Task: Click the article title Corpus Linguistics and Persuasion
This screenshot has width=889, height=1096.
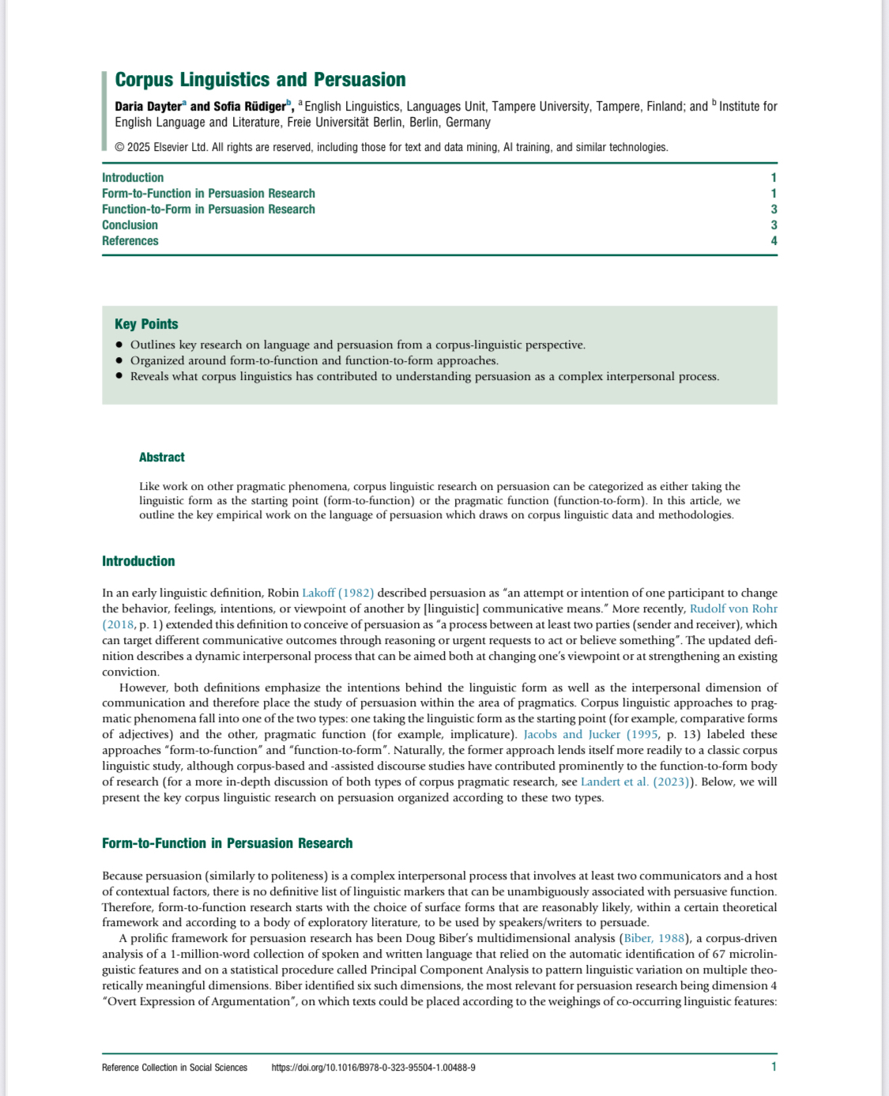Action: pos(260,80)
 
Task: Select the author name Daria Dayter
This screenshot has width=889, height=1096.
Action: pos(148,107)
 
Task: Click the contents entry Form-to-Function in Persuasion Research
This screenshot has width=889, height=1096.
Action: pos(209,194)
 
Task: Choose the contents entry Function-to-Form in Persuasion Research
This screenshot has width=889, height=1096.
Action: pos(209,209)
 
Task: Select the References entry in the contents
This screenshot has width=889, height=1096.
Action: pos(130,241)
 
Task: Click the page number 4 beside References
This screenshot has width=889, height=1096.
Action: pos(774,241)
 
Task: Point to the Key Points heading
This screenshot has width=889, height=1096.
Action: pos(146,324)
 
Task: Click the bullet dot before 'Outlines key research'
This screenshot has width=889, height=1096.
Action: pos(119,345)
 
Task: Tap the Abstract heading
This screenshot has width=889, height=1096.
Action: pos(162,458)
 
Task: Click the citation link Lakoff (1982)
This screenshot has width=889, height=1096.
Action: pos(337,593)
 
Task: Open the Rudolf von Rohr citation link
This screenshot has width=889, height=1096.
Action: pos(733,608)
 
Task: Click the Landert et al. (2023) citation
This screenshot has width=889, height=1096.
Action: pos(636,782)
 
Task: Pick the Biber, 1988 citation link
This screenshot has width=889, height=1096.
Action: pos(654,938)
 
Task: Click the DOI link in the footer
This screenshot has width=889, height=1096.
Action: pos(373,1068)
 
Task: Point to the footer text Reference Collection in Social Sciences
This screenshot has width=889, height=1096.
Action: pos(175,1068)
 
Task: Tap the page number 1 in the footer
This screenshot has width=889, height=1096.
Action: pos(774,1067)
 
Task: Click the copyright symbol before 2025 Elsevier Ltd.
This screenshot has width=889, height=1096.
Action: pos(119,147)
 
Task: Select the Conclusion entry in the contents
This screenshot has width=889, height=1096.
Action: pos(130,225)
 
